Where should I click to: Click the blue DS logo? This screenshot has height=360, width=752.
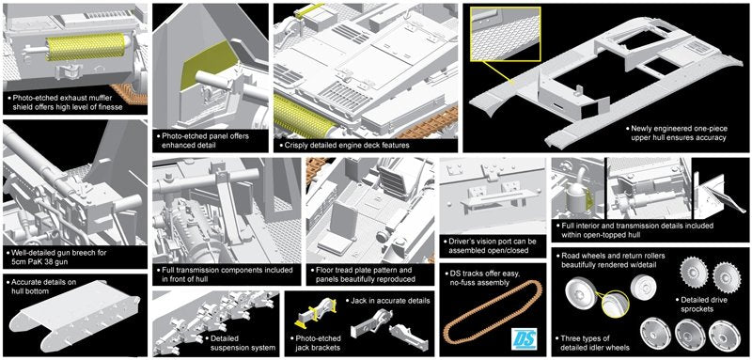coord(525,338)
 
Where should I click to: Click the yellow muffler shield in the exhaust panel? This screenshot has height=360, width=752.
coord(86,47)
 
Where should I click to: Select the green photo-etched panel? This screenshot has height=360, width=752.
coord(209,64)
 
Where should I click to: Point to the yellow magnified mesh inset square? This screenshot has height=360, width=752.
coord(506,34)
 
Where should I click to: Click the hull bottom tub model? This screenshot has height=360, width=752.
coord(74,316)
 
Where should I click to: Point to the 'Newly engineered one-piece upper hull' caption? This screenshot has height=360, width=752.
coord(676,133)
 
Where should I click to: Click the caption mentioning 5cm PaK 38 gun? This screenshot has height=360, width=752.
coord(56,257)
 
